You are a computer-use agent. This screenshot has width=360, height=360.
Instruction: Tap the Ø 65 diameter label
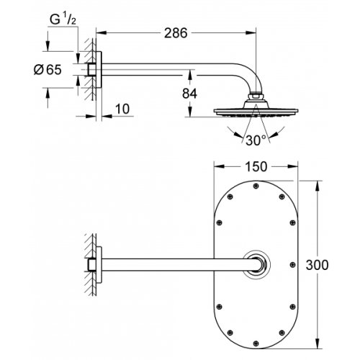(x=57, y=71)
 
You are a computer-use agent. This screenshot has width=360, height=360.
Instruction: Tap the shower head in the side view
(x=253, y=112)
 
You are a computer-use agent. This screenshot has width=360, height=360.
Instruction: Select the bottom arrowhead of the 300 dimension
(x=318, y=348)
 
